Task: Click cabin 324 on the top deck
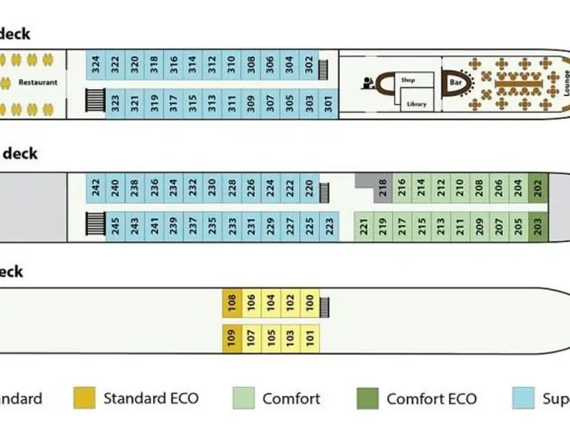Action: tap(96, 68)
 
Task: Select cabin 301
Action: tap(328, 103)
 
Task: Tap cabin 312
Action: tap(212, 68)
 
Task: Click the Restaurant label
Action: tap(38, 83)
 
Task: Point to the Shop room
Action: tap(408, 80)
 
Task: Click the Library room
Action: tap(416, 104)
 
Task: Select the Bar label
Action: tap(455, 83)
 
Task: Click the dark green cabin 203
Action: tap(538, 226)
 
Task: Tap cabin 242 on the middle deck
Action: tap(96, 188)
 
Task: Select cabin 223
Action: tap(328, 226)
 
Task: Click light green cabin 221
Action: tap(363, 226)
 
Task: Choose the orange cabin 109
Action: tap(231, 337)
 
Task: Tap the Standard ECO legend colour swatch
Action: tap(84, 399)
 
